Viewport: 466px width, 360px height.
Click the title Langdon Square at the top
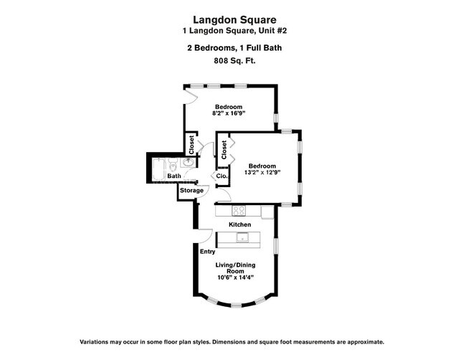click(x=233, y=21)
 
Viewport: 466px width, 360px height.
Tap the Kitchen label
click(x=239, y=224)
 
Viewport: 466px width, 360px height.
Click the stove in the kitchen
click(x=239, y=211)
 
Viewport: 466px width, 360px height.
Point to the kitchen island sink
click(x=244, y=238)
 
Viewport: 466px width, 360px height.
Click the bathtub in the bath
click(x=158, y=167)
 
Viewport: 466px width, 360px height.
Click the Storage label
click(x=191, y=190)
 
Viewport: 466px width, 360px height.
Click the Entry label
click(x=207, y=251)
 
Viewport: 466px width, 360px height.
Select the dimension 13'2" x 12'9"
click(x=263, y=171)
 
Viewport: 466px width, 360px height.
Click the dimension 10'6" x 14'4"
click(x=236, y=279)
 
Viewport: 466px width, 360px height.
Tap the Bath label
click(x=174, y=176)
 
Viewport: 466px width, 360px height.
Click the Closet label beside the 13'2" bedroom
click(x=224, y=150)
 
